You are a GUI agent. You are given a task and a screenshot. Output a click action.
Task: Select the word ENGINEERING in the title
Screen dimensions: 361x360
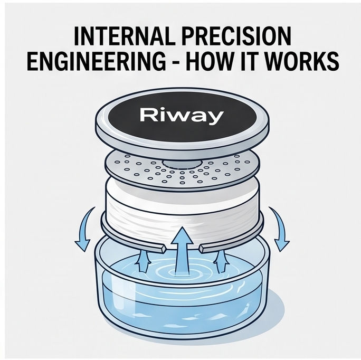coord(96,61)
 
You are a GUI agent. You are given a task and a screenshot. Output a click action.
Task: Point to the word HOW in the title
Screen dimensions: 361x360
coord(212,61)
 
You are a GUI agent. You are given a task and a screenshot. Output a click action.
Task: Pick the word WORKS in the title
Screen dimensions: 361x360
coord(301,61)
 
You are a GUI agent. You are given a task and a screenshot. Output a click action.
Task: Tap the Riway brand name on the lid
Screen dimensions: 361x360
coord(182,116)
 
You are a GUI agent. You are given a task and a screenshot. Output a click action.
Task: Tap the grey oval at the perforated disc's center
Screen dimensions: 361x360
coord(182,163)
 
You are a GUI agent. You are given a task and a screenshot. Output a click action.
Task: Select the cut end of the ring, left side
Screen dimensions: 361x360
coord(163,249)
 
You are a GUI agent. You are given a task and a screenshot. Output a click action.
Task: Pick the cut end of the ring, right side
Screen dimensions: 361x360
coord(202,249)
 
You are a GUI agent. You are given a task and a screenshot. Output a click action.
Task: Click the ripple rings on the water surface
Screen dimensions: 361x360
coord(182,271)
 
